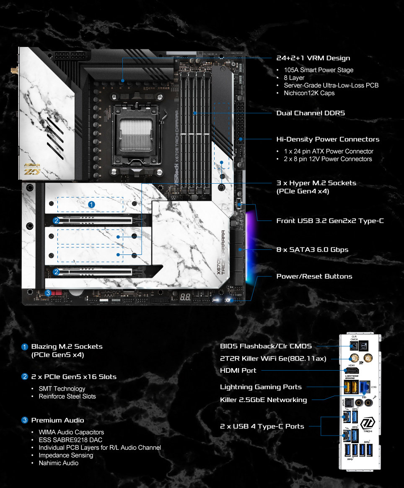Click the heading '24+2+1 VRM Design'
tap(313, 58)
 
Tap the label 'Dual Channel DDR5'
tap(311, 113)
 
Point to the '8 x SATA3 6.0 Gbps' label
tap(312, 250)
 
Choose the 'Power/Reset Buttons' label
tap(314, 277)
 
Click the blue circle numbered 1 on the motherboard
tap(92, 204)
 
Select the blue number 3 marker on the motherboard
tap(48, 293)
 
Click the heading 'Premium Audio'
tap(57, 421)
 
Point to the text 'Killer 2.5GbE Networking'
tap(263, 400)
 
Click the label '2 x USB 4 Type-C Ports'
tap(262, 426)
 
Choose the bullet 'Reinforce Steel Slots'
tap(67, 397)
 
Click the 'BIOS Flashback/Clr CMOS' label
tap(266, 346)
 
